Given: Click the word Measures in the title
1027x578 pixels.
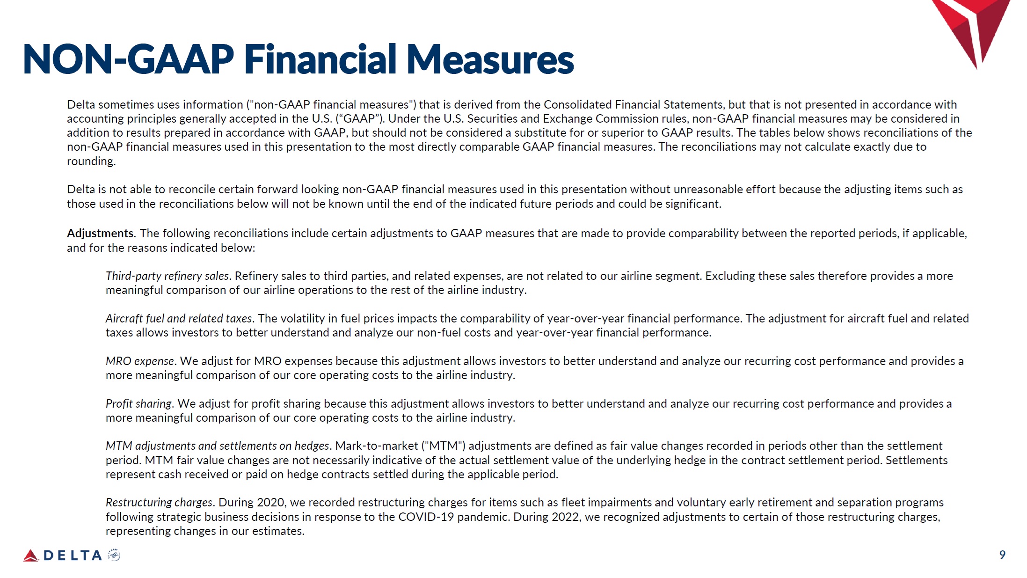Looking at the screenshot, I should pos(490,59).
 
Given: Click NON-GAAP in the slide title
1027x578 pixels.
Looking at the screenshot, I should pos(128,59).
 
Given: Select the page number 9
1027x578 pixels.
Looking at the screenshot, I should pos(1002,555).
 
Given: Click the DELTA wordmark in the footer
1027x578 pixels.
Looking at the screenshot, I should pos(73,556).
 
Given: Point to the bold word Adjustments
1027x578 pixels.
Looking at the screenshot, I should pos(100,233).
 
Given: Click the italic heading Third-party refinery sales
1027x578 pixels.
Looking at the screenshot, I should pos(167,276).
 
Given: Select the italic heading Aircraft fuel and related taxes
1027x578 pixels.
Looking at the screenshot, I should pos(179,318).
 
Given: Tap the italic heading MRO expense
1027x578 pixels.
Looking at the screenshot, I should pos(140,361).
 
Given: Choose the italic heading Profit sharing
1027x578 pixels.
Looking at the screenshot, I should pos(138,403).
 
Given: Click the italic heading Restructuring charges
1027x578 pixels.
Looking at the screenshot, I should pos(159,502).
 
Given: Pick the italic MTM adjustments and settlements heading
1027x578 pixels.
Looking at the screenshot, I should pos(218,446).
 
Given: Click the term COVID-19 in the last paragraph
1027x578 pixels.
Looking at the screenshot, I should pos(426,517).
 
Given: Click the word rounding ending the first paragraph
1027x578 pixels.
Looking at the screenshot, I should pos(90,161).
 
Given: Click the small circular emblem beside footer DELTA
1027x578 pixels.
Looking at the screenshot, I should pos(114,555).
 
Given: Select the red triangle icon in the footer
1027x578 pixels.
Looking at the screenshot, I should pos(31,556).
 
